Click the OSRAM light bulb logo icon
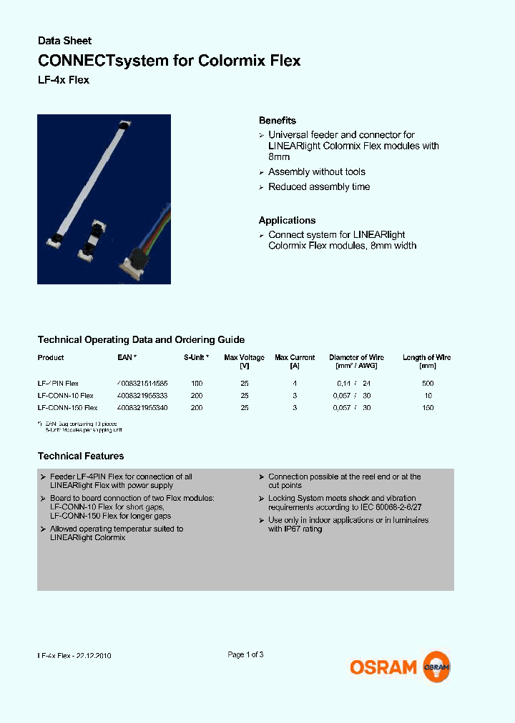(x=436, y=667)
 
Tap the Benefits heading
(x=277, y=121)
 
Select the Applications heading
(x=287, y=221)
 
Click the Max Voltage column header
(x=244, y=357)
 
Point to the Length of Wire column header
(x=427, y=357)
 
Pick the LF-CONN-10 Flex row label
(x=65, y=395)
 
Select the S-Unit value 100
(x=197, y=383)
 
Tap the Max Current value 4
(x=294, y=383)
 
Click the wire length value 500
(x=428, y=383)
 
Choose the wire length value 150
(x=428, y=407)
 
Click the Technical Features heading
(x=80, y=456)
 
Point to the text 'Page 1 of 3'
(x=245, y=654)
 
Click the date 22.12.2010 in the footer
(x=94, y=655)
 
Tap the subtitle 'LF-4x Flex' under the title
(x=63, y=80)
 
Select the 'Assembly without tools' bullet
(x=316, y=171)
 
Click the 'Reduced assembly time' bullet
(x=319, y=186)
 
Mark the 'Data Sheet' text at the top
(x=64, y=41)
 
